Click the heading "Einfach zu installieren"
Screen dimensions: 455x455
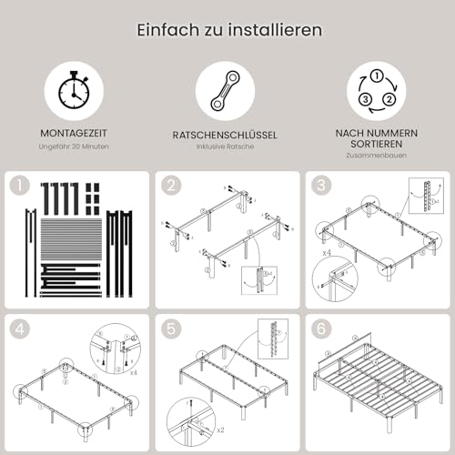(x=227, y=30)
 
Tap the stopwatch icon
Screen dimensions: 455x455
(x=74, y=88)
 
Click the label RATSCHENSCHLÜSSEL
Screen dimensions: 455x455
(x=226, y=135)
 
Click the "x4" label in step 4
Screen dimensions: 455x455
(x=135, y=372)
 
